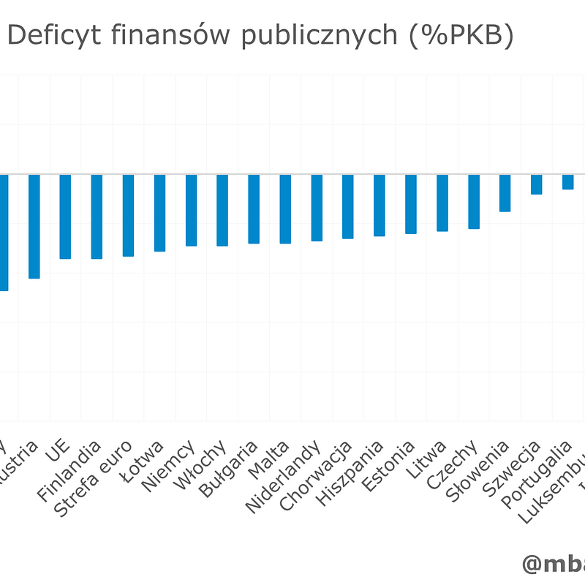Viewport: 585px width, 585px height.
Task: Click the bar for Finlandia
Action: [x=97, y=216]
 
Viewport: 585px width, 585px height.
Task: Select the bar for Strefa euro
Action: [x=128, y=215]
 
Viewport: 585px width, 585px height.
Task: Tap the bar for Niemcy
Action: [x=191, y=210]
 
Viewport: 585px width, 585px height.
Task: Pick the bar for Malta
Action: [x=285, y=208]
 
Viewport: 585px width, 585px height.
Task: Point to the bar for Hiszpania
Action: [x=380, y=205]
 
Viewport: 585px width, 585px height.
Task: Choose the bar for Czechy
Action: [x=474, y=201]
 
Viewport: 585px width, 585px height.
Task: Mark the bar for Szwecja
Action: [x=536, y=184]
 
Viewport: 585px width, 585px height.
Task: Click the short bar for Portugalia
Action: [x=567, y=182]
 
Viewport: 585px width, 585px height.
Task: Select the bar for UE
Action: [x=65, y=216]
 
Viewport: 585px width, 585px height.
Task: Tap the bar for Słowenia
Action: [x=505, y=192]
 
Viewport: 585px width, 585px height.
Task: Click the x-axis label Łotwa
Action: [x=144, y=461]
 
